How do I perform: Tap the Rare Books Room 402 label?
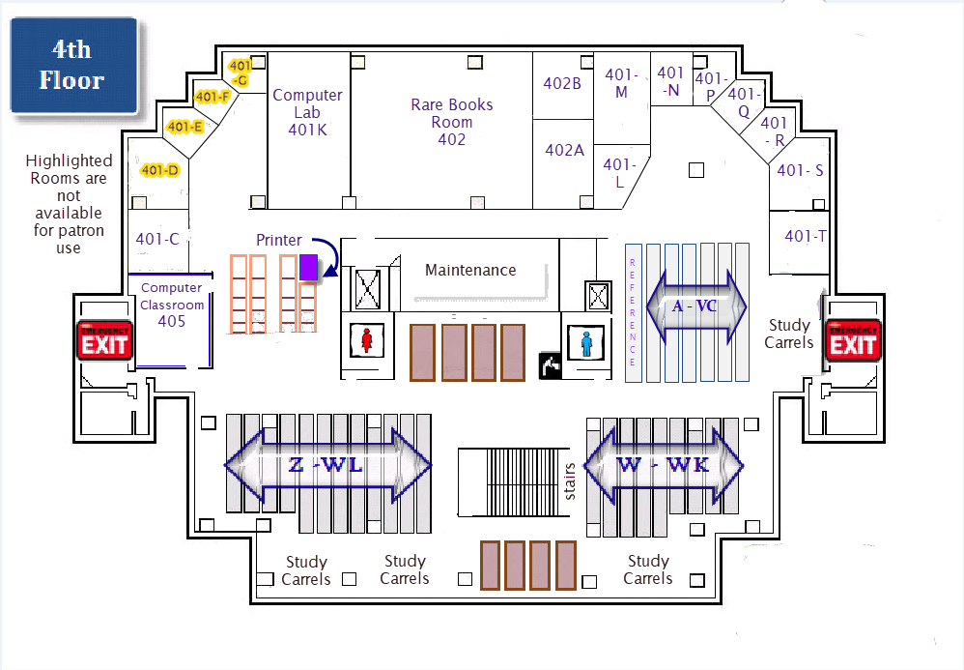point(451,122)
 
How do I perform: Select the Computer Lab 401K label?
point(307,112)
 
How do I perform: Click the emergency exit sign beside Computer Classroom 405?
point(104,340)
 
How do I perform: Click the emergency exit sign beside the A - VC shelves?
point(853,340)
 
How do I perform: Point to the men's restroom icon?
point(586,343)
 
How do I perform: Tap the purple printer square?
point(309,267)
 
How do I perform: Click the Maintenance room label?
point(470,270)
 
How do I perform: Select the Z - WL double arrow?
point(328,466)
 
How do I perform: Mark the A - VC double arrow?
point(695,306)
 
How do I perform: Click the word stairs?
point(570,481)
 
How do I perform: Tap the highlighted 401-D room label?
point(160,170)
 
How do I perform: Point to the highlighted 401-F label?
point(213,97)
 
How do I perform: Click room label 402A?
point(564,150)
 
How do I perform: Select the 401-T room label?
point(805,236)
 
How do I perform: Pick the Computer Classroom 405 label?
point(172,305)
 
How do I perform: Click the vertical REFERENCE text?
point(633,311)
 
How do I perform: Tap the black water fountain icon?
point(550,365)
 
